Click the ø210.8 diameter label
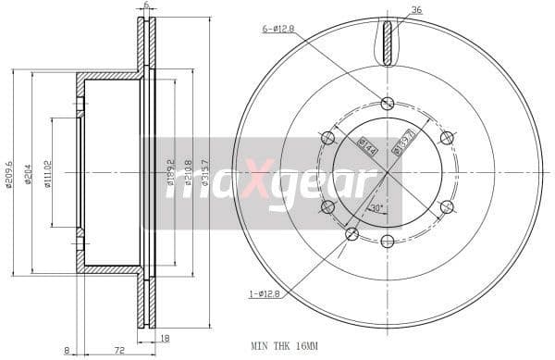(188, 172)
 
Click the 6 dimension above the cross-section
(146, 6)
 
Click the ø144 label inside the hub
(365, 147)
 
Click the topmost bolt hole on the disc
(387, 102)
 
